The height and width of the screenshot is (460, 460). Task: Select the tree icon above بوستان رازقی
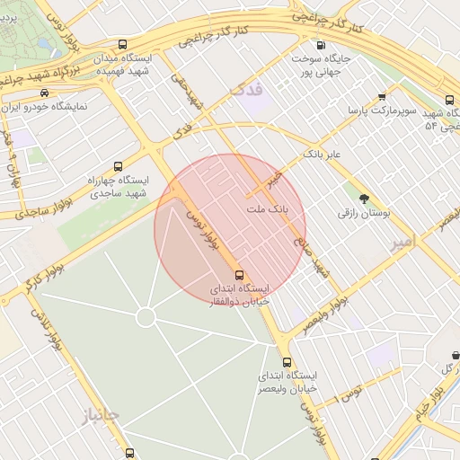click(x=363, y=199)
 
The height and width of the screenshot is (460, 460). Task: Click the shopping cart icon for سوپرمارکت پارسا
click(x=383, y=96)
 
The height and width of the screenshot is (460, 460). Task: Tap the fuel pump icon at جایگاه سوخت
click(x=321, y=44)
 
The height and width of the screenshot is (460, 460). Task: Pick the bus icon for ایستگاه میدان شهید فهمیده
click(x=122, y=44)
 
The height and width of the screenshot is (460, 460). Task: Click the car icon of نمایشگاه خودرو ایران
click(x=44, y=93)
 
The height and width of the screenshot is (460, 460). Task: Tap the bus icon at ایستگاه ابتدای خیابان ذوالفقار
click(x=239, y=275)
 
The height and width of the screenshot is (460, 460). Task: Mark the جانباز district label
click(x=99, y=414)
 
